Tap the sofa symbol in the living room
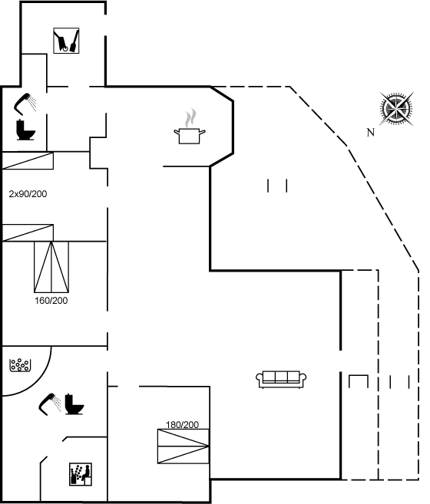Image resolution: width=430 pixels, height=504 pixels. pyautogui.click(x=281, y=380)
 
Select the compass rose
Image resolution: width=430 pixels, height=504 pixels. pyautogui.click(x=396, y=109)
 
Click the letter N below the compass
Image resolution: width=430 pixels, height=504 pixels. pyautogui.click(x=370, y=132)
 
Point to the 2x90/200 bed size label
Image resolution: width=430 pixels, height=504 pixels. pyautogui.click(x=28, y=194)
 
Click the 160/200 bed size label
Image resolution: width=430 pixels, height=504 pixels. pyautogui.click(x=51, y=301)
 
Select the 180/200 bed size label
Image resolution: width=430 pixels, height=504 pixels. pyautogui.click(x=182, y=425)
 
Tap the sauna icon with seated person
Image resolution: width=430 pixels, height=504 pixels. pyautogui.click(x=81, y=474)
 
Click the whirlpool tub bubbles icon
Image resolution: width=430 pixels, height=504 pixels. pyautogui.click(x=20, y=365)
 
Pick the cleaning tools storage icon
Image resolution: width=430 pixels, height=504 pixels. pyautogui.click(x=66, y=41)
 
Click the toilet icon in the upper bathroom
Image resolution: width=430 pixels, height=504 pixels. pyautogui.click(x=25, y=130)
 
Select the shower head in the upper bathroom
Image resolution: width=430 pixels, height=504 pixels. pyautogui.click(x=25, y=104)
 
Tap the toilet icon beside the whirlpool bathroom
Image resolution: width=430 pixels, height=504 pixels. pyautogui.click(x=74, y=404)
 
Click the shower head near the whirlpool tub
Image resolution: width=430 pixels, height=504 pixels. pyautogui.click(x=50, y=404)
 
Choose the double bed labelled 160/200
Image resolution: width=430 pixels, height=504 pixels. pyautogui.click(x=51, y=267)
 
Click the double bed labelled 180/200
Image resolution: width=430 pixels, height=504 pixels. pyautogui.click(x=184, y=446)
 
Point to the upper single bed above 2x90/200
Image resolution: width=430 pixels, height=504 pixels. pyautogui.click(x=28, y=161)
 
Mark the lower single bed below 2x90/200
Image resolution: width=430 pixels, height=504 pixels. pyautogui.click(x=28, y=232)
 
